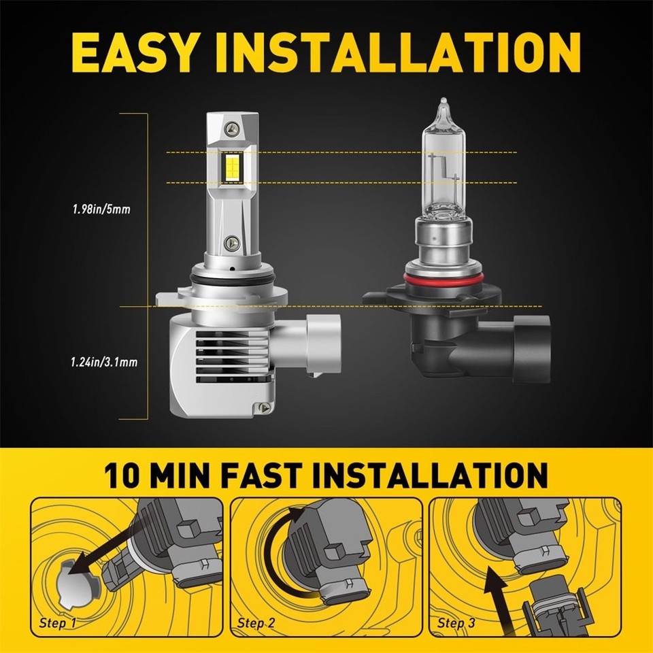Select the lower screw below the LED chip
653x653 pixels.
[x=233, y=241]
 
